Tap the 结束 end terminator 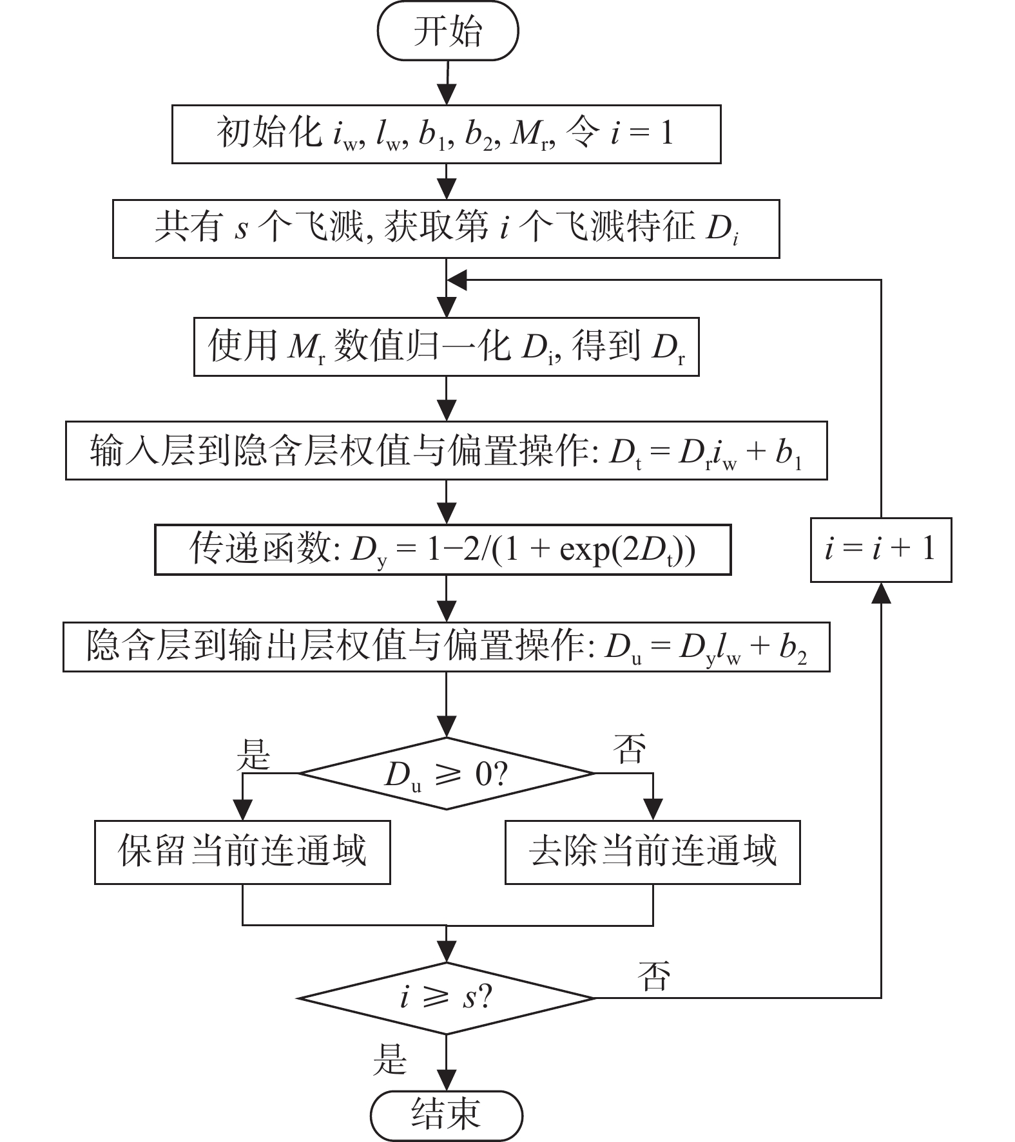point(446,1115)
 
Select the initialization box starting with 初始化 point(446,135)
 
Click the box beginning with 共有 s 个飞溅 point(446,229)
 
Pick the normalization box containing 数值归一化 point(446,347)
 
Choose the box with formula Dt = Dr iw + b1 point(446,451)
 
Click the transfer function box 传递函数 point(443,549)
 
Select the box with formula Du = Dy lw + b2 point(446,647)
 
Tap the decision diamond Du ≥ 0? point(446,774)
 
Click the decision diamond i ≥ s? point(446,998)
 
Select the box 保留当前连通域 point(242,852)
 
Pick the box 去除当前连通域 point(652,852)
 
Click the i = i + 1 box point(880,549)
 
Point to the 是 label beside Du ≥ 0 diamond point(253,753)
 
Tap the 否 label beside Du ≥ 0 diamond point(630,748)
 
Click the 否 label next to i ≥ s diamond point(653,975)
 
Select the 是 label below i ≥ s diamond point(391,1060)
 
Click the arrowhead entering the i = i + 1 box point(880,594)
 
